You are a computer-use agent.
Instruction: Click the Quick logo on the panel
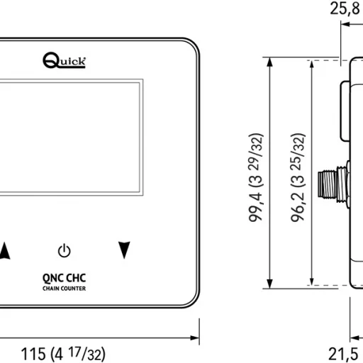click(x=65, y=62)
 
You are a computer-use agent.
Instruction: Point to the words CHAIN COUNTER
click(x=65, y=287)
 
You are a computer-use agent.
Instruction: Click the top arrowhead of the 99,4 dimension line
click(x=269, y=62)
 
